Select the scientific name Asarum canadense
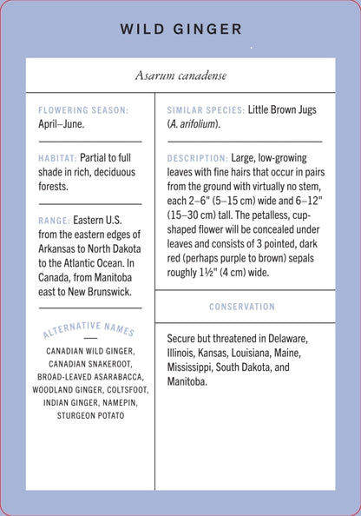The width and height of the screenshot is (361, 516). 180,76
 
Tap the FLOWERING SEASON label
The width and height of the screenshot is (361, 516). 83,110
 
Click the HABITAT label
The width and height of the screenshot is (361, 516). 57,159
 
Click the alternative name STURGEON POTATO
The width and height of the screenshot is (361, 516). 89,416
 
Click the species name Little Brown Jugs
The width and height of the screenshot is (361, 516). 282,110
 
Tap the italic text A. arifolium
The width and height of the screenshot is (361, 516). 194,124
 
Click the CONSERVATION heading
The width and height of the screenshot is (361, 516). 242,307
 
